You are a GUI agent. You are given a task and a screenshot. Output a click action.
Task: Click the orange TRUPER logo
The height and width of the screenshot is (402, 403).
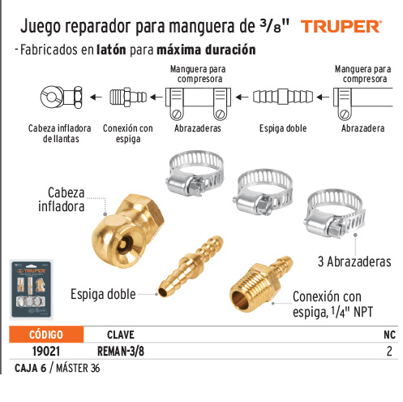[341, 27]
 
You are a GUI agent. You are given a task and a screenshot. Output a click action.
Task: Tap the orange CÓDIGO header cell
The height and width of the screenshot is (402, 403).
[46, 335]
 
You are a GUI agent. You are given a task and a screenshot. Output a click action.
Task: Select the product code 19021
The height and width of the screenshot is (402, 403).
[46, 351]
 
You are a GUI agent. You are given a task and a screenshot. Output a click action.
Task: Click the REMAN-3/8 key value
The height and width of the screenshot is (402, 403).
[121, 351]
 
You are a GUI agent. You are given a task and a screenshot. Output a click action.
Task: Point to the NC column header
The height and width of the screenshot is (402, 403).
[389, 335]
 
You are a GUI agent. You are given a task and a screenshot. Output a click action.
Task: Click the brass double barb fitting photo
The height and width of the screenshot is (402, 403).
[191, 266]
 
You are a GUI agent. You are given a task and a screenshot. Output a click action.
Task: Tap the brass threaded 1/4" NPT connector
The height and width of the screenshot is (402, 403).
[260, 283]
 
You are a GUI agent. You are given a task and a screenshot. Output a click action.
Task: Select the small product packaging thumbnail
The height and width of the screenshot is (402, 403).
[32, 289]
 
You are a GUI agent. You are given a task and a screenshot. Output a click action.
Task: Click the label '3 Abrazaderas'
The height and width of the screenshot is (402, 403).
[354, 262]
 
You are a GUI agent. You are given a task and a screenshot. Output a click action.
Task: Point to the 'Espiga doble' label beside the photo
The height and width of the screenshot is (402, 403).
[103, 294]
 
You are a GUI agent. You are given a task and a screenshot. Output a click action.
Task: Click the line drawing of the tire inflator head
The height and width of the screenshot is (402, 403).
[62, 97]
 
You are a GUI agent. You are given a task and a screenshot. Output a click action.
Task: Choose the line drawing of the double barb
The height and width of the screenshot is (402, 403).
[283, 97]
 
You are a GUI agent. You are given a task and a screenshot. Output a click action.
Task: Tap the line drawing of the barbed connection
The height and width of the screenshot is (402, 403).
[128, 97]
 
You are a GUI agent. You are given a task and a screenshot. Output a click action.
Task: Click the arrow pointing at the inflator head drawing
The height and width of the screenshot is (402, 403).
[96, 97]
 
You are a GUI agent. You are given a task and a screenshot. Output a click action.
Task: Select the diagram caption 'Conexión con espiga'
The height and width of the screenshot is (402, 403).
[128, 133]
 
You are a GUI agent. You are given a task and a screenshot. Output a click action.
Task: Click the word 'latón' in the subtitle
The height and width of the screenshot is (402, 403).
[111, 50]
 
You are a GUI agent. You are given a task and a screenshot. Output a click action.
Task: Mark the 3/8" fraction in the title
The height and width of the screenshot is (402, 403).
[275, 26]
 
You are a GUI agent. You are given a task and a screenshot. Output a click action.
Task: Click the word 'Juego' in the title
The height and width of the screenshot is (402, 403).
[41, 27]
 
